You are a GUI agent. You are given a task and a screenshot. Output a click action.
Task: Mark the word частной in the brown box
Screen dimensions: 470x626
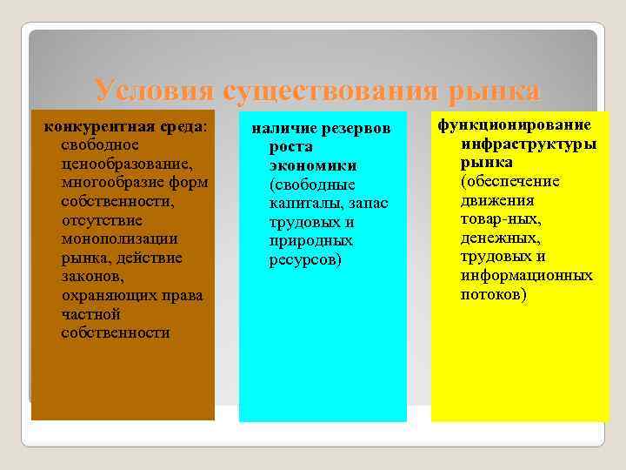coord(90,314)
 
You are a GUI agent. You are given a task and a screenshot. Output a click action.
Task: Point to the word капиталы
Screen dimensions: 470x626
coord(303,204)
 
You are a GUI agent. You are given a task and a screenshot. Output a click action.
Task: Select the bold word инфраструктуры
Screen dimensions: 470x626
coord(528,144)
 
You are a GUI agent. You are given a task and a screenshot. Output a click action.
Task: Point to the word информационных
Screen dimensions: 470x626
coord(526,276)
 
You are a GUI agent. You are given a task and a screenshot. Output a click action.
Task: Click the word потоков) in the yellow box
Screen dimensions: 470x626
coord(493,294)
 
